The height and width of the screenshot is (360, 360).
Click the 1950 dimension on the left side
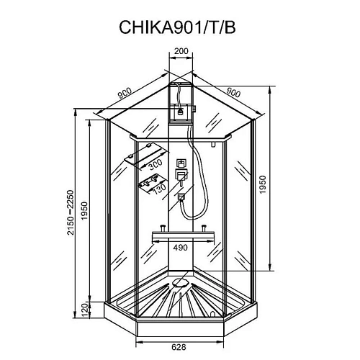point(84,214)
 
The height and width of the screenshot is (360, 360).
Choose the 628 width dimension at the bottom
point(179,346)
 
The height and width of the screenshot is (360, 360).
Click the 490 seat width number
point(181,248)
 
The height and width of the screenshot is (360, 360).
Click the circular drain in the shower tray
point(179,285)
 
